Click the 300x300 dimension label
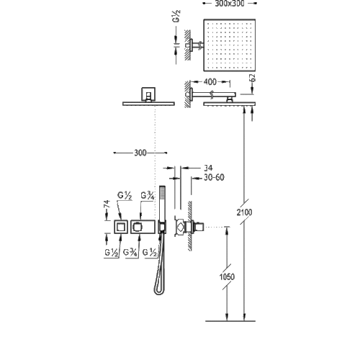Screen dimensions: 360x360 pyautogui.click(x=230, y=4)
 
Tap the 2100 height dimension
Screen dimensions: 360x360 pyautogui.click(x=244, y=212)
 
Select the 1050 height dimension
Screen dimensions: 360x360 pyautogui.click(x=227, y=277)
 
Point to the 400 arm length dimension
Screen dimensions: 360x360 pyautogui.click(x=210, y=82)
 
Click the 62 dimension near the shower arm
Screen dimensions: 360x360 pyautogui.click(x=253, y=78)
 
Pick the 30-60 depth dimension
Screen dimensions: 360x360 pyautogui.click(x=214, y=177)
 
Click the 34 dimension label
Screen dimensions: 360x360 pyautogui.click(x=208, y=168)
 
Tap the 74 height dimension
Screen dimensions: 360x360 pyautogui.click(x=107, y=204)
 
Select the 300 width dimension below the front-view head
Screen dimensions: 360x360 pyautogui.click(x=140, y=153)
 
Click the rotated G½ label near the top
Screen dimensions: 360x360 pyautogui.click(x=176, y=17)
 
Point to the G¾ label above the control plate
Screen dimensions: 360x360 pyautogui.click(x=148, y=196)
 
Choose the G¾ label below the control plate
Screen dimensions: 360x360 pyautogui.click(x=130, y=253)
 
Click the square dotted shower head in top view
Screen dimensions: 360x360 pyautogui.click(x=230, y=45)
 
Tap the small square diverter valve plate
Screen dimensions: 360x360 pyautogui.click(x=121, y=227)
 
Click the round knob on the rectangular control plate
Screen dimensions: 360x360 pyautogui.click(x=137, y=227)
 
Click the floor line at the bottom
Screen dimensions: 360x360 pyautogui.click(x=230, y=321)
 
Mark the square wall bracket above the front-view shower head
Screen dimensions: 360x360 pyautogui.click(x=148, y=94)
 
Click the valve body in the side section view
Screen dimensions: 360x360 pyautogui.click(x=181, y=227)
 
